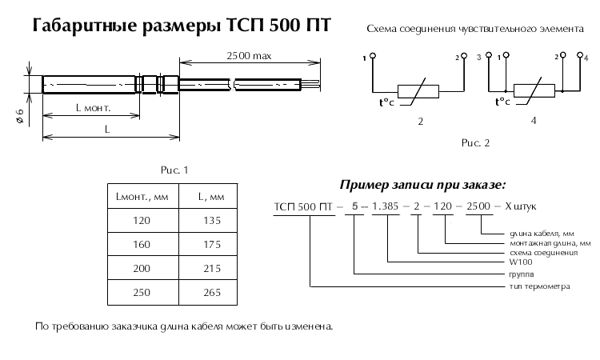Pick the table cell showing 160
pyautogui.click(x=141, y=243)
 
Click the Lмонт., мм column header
pyautogui.click(x=142, y=195)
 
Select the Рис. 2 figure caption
pyautogui.click(x=474, y=144)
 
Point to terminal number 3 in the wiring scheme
pyautogui.click(x=478, y=58)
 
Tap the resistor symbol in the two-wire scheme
pyautogui.click(x=419, y=91)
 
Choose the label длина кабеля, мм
pyautogui.click(x=531, y=233)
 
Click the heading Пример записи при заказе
pyautogui.click(x=423, y=185)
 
